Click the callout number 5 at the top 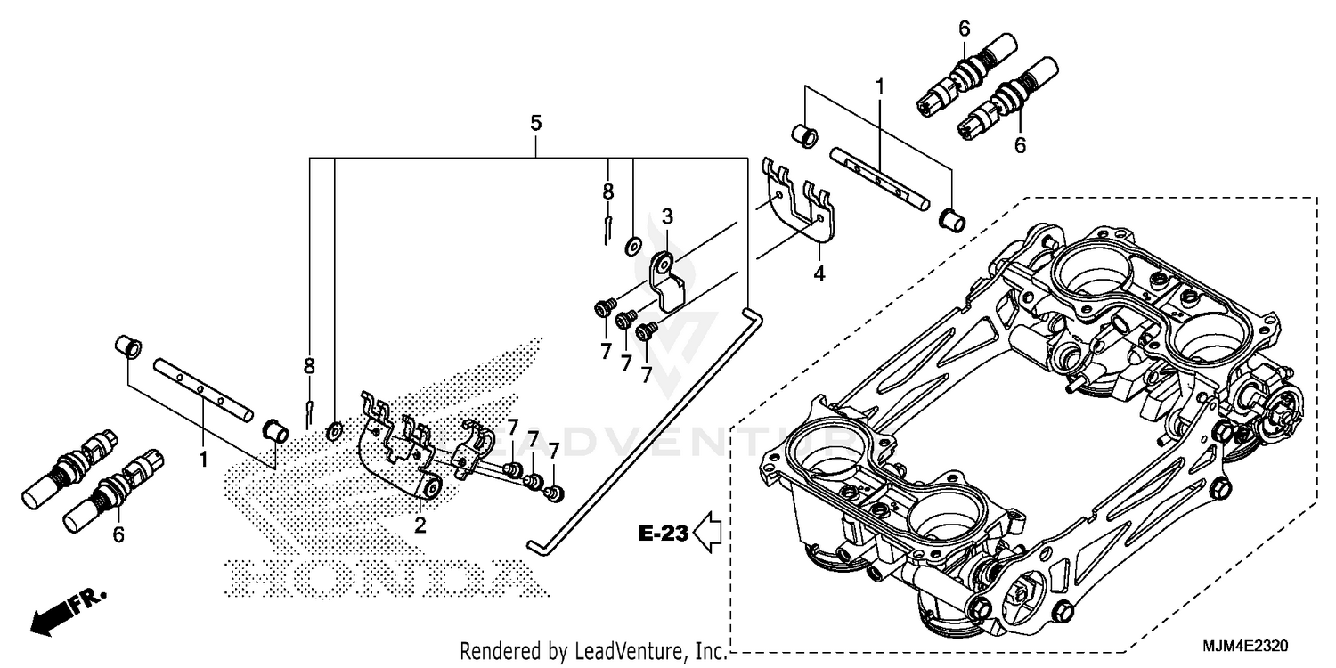pyautogui.click(x=535, y=124)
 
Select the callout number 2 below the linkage pyautogui.click(x=420, y=525)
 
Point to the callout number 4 pyautogui.click(x=819, y=273)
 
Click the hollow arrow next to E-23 pyautogui.click(x=711, y=533)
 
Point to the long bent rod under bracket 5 pyautogui.click(x=641, y=428)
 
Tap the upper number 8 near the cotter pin pyautogui.click(x=608, y=191)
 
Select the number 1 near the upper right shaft pyautogui.click(x=879, y=87)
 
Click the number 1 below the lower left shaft pyautogui.click(x=203, y=460)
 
